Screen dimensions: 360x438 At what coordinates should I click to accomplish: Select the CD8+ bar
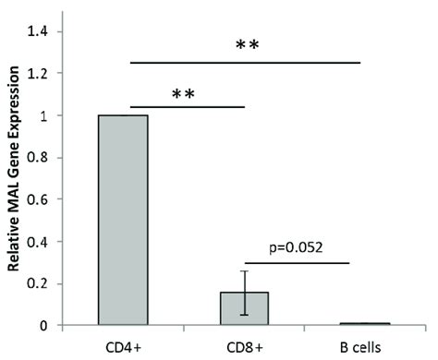coord(245,308)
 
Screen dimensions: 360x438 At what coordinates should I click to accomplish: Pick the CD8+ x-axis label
coord(244,346)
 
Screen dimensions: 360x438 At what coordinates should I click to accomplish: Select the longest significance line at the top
coord(245,62)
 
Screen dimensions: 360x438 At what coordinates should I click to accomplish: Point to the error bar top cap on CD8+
coord(245,270)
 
